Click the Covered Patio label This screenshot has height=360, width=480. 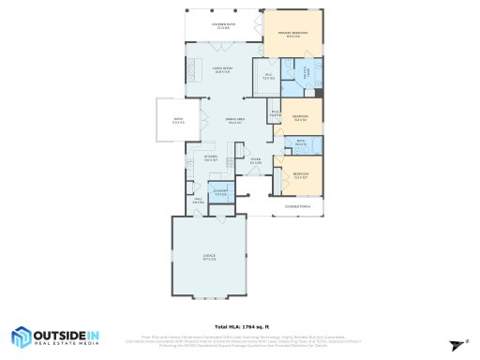(x=223, y=26)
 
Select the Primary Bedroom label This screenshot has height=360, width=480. (x=292, y=35)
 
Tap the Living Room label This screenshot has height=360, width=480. (x=222, y=69)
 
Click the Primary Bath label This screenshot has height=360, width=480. (x=307, y=71)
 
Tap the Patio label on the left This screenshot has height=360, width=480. (x=178, y=121)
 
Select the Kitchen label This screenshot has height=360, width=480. (x=211, y=157)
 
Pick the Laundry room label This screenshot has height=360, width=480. (x=221, y=193)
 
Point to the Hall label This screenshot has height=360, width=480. (x=199, y=201)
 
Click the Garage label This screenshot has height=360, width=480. (x=209, y=258)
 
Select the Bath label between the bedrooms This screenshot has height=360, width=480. (x=301, y=143)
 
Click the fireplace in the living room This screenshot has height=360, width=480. (x=196, y=69)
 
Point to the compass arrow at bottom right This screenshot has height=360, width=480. (x=458, y=344)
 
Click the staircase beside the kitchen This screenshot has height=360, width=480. (x=241, y=151)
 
